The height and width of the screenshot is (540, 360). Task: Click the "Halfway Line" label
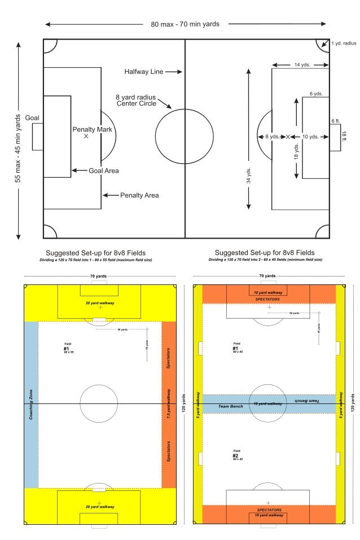144,72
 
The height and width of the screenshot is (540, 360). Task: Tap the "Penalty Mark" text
93,129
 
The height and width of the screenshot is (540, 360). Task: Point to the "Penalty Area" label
139,195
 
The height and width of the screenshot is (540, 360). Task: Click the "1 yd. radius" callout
344,42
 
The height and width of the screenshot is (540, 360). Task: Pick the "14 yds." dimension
301,65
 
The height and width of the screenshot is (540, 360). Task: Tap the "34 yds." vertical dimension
248,175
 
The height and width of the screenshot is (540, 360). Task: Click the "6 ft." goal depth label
335,121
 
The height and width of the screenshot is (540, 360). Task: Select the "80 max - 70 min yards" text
185,24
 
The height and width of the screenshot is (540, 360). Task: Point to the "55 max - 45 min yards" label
18,147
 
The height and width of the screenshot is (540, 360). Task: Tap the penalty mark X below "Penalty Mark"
86,137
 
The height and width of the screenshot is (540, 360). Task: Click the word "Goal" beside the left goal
32,117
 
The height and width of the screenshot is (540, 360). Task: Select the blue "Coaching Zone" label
30,404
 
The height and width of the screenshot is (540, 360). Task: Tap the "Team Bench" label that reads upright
230,406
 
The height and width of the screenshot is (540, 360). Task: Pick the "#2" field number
235,455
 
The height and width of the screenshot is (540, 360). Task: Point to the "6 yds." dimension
315,93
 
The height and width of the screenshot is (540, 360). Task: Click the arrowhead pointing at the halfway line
180,72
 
